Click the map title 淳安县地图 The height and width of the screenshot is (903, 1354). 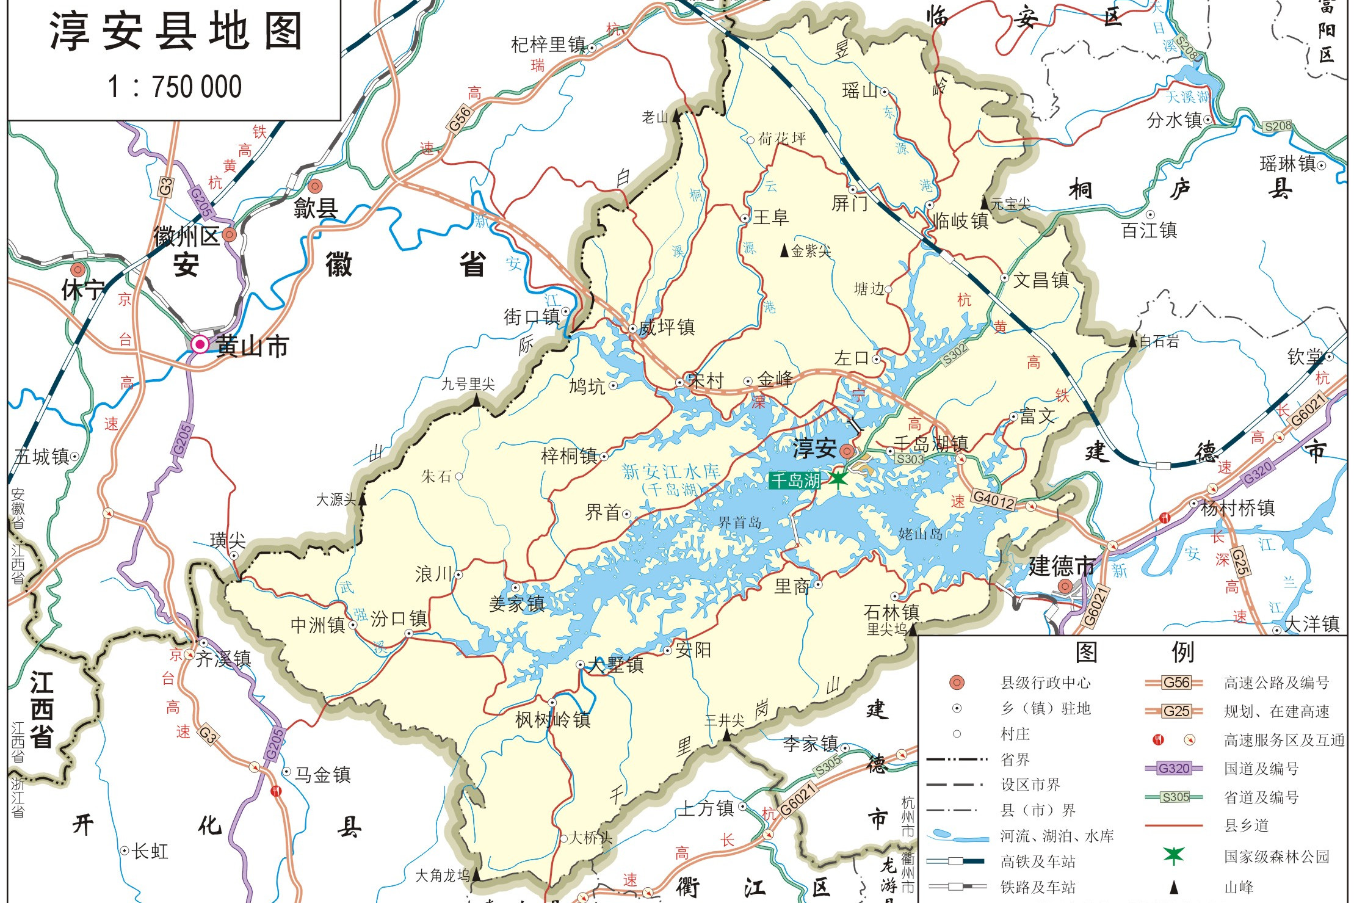(176, 32)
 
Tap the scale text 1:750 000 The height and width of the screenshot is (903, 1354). (175, 87)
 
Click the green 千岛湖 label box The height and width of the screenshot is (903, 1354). (794, 481)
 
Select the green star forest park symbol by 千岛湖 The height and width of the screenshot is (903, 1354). (838, 478)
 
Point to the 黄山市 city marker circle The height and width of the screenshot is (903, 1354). (200, 344)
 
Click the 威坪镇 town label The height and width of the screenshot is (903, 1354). (667, 328)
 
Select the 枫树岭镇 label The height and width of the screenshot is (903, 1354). (553, 720)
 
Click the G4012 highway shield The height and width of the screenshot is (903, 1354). (994, 500)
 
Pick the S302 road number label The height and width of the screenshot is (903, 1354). (955, 354)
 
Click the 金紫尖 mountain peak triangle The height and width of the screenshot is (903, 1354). (784, 250)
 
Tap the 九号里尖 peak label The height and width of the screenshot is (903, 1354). (468, 384)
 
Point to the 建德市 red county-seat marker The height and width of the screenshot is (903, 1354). (1065, 586)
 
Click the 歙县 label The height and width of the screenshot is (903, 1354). (316, 209)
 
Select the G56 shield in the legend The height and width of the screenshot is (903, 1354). (1175, 683)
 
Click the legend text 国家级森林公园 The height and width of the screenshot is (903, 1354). (1276, 857)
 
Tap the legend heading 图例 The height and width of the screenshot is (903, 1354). (1134, 652)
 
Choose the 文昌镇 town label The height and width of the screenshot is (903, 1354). (1041, 280)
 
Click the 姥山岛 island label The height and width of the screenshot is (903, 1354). (920, 534)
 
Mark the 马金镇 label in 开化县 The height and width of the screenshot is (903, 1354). (322, 775)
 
